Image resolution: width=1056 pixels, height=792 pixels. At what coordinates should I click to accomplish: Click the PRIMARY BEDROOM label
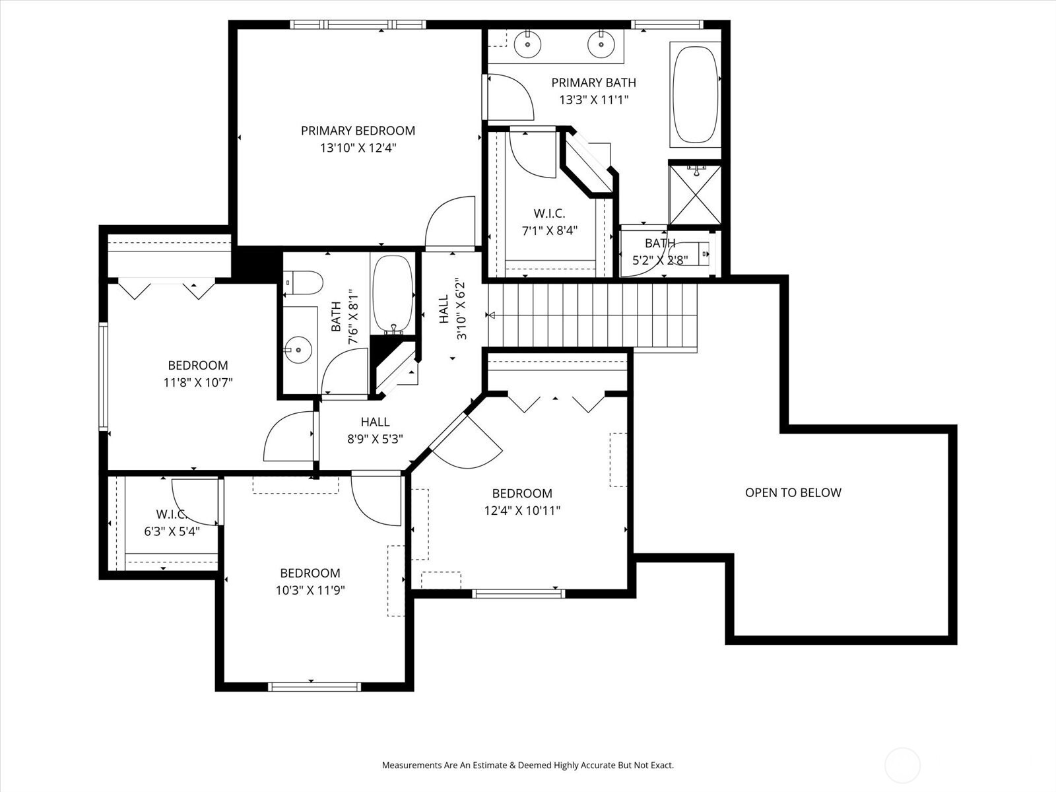(x=358, y=131)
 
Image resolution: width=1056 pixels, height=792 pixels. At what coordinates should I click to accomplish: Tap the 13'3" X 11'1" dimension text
(x=593, y=100)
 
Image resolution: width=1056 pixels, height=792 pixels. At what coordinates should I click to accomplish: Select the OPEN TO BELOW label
(x=793, y=492)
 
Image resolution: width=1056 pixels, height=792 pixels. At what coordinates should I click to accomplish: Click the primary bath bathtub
(x=695, y=95)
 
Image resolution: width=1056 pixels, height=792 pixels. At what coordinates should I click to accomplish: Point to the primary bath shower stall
(x=695, y=195)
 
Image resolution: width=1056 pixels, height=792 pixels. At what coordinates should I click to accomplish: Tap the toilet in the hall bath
(x=302, y=282)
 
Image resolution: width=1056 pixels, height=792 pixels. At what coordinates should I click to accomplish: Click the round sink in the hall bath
(x=298, y=350)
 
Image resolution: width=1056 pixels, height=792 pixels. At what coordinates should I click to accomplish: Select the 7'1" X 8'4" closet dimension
(x=549, y=231)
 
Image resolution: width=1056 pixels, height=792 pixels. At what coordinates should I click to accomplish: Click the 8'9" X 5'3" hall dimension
(x=376, y=439)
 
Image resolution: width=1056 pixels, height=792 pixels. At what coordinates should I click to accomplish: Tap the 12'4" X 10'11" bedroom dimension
(x=522, y=510)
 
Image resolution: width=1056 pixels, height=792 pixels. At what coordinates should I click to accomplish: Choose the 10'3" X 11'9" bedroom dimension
(x=310, y=590)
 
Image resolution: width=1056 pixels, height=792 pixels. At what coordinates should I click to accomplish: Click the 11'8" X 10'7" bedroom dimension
(x=198, y=383)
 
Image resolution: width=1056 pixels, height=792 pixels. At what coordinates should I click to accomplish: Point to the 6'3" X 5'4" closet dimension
(x=172, y=532)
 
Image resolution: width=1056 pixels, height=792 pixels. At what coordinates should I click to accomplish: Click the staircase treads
(x=593, y=315)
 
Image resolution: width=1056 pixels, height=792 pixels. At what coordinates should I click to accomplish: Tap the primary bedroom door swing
(x=450, y=222)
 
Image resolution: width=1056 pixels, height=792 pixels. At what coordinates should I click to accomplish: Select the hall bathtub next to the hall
(x=393, y=294)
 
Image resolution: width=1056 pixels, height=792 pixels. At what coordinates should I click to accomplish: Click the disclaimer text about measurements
(x=528, y=765)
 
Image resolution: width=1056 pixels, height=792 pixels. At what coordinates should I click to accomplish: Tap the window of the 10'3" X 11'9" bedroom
(x=314, y=686)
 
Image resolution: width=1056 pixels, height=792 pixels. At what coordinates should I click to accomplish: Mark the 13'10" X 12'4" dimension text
(x=358, y=148)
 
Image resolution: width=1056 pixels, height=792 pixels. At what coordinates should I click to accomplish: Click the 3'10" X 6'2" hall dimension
(x=461, y=308)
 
